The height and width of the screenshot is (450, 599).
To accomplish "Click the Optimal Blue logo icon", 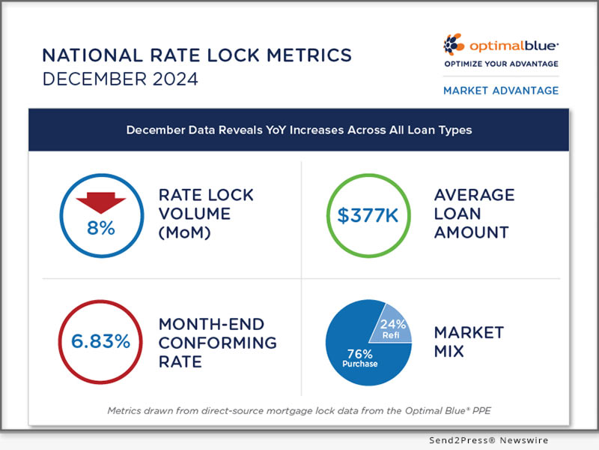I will [x=454, y=44].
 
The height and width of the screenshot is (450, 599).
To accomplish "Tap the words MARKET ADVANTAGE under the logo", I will [x=501, y=90].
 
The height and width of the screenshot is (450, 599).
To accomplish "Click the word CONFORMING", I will [x=217, y=343].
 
